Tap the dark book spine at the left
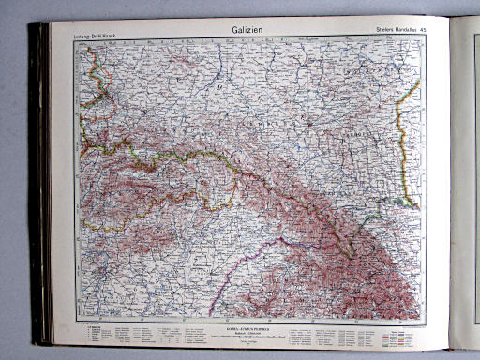click(39, 187)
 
